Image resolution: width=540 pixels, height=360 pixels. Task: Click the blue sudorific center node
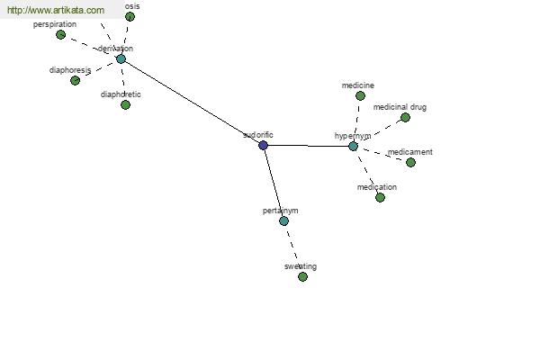tap(263, 145)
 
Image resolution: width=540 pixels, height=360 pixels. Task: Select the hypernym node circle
tap(353, 146)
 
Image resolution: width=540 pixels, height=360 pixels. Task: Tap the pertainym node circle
tap(283, 220)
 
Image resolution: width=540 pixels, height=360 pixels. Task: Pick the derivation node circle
tap(121, 59)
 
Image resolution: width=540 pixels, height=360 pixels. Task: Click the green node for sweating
tap(302, 276)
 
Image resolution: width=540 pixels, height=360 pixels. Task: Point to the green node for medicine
tap(360, 95)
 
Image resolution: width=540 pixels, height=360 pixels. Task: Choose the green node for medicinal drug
tap(405, 117)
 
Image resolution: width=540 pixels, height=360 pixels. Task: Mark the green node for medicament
tap(410, 162)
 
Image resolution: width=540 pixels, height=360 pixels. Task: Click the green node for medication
tap(380, 197)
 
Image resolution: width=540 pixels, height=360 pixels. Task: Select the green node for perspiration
tap(60, 34)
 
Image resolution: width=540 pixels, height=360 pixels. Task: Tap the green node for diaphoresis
tap(75, 80)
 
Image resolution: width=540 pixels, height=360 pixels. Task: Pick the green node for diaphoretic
tap(125, 104)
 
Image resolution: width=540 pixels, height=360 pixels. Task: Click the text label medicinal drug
tap(400, 107)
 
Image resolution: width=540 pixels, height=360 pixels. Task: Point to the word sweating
tap(301, 266)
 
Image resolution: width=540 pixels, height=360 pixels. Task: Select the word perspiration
tap(55, 24)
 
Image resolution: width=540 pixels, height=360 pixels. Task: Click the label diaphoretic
tap(121, 94)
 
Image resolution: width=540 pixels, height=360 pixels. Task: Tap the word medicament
tap(410, 152)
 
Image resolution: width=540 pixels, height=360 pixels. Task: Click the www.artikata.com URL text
tap(56, 10)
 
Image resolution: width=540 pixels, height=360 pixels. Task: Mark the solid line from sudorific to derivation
tap(192, 102)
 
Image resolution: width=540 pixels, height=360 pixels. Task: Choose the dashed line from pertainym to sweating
tap(292, 247)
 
